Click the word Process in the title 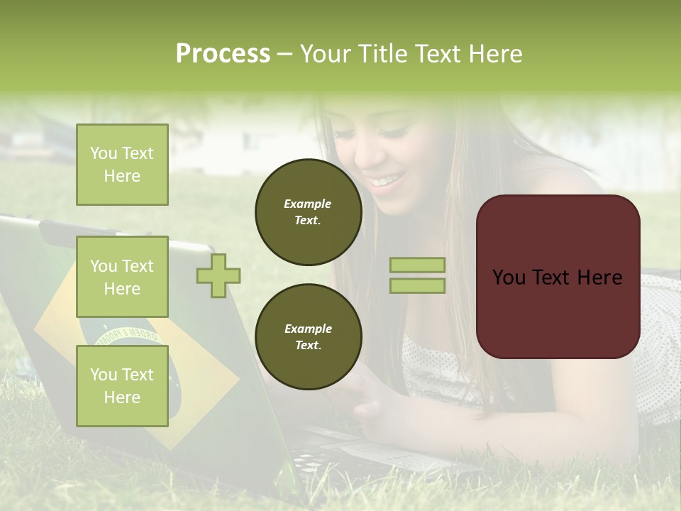[x=223, y=54]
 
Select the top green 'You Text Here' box [x=122, y=165]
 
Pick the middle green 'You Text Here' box [x=122, y=277]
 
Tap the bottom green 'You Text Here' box [x=122, y=385]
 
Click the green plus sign [x=218, y=276]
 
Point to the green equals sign [x=417, y=275]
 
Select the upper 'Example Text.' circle [x=308, y=212]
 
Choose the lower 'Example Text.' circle [x=308, y=336]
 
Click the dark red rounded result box [x=558, y=276]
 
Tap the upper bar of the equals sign [x=417, y=265]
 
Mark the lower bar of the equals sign [x=417, y=285]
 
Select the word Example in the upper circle [x=308, y=204]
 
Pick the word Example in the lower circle [x=308, y=329]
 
